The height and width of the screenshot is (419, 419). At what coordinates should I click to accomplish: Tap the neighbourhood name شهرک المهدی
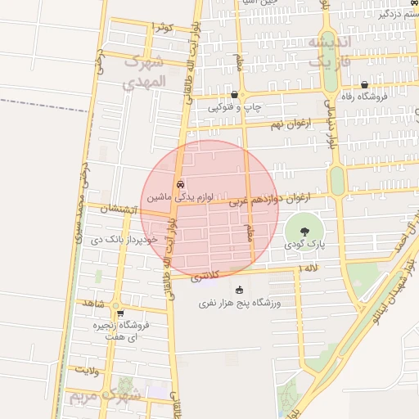click(144, 72)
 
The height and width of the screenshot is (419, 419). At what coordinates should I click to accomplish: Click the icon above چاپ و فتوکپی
click(235, 94)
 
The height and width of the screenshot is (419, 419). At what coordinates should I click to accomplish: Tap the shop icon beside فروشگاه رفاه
click(363, 85)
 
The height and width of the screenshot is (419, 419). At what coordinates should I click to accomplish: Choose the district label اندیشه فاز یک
click(331, 51)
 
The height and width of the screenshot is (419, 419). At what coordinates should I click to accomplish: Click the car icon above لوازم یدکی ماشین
click(180, 184)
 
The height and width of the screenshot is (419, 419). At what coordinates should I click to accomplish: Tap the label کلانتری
click(206, 278)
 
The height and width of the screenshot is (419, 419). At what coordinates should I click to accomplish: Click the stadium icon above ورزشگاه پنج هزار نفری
click(240, 290)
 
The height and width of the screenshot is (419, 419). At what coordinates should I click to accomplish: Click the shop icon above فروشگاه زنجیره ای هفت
click(120, 313)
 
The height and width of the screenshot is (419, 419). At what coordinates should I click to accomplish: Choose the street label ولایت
click(86, 370)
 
